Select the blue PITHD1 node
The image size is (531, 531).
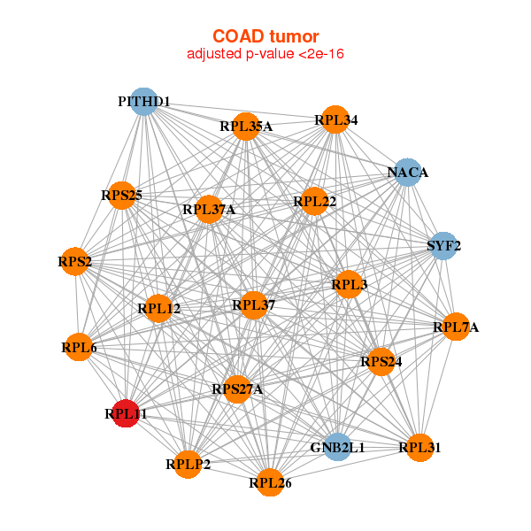pyautogui.click(x=143, y=102)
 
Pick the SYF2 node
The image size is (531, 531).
pyautogui.click(x=443, y=245)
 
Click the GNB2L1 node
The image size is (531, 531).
pyautogui.click(x=337, y=447)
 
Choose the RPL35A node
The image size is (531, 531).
pyautogui.click(x=246, y=127)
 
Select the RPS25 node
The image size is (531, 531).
pyautogui.click(x=121, y=195)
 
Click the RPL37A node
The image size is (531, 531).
pyautogui.click(x=209, y=210)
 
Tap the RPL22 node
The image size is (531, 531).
pyautogui.click(x=315, y=202)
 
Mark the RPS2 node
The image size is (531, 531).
pyautogui.click(x=75, y=261)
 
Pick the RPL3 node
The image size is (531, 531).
pyautogui.click(x=349, y=285)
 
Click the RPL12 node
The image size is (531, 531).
pyautogui.click(x=159, y=309)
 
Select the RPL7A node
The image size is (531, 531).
pyautogui.click(x=456, y=327)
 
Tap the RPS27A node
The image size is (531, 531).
pyautogui.click(x=237, y=389)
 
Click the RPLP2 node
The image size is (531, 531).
pyautogui.click(x=188, y=464)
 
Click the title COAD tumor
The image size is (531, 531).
pyautogui.click(x=265, y=36)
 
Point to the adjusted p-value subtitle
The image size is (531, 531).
pyautogui.click(x=265, y=54)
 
